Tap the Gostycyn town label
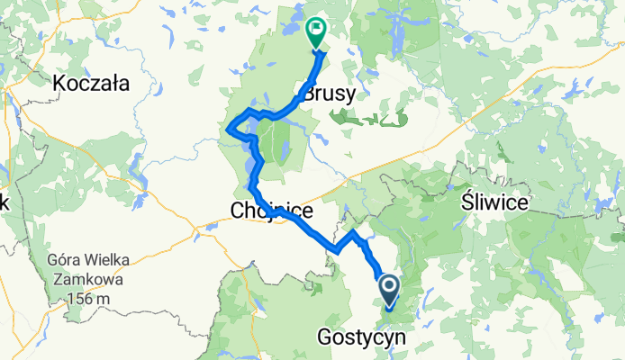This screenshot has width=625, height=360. (361, 337)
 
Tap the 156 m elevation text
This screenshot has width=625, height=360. (90, 299)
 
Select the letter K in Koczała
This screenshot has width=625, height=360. (59, 84)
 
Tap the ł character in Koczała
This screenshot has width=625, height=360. (115, 84)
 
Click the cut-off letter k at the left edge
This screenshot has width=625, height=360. (4, 202)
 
